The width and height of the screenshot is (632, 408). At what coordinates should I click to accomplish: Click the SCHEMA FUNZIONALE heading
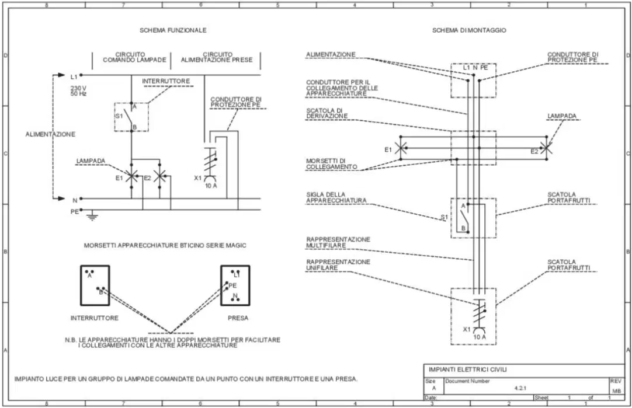pyautogui.click(x=173, y=30)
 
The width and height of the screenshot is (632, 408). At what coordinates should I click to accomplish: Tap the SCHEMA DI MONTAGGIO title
pyautogui.click(x=469, y=30)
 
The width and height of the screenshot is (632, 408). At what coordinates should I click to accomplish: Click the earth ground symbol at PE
pyautogui.click(x=92, y=216)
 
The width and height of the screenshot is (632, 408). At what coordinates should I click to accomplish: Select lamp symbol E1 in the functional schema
pyautogui.click(x=131, y=176)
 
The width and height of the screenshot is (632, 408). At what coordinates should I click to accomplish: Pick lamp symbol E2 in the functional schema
pyautogui.click(x=160, y=176)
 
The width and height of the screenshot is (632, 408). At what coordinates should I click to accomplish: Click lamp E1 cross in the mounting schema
pyautogui.click(x=400, y=148)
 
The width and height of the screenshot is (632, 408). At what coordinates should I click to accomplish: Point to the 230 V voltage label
pyautogui.click(x=78, y=88)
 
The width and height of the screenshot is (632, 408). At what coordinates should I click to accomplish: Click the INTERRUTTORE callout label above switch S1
pyautogui.click(x=166, y=81)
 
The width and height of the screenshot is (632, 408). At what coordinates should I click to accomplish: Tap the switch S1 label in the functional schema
pyautogui.click(x=119, y=116)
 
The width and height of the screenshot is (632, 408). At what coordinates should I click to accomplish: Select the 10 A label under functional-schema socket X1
pyautogui.click(x=211, y=186)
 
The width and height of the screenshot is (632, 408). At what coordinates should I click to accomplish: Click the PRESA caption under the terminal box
pyautogui.click(x=238, y=318)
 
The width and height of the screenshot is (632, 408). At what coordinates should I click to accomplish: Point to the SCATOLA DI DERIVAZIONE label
pyautogui.click(x=327, y=113)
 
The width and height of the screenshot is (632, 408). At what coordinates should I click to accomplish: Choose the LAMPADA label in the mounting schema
pyautogui.click(x=562, y=116)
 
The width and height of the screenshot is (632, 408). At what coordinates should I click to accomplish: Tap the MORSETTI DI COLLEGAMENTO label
pyautogui.click(x=332, y=164)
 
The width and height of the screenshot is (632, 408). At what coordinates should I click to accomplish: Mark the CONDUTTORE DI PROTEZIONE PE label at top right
pyautogui.click(x=573, y=57)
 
